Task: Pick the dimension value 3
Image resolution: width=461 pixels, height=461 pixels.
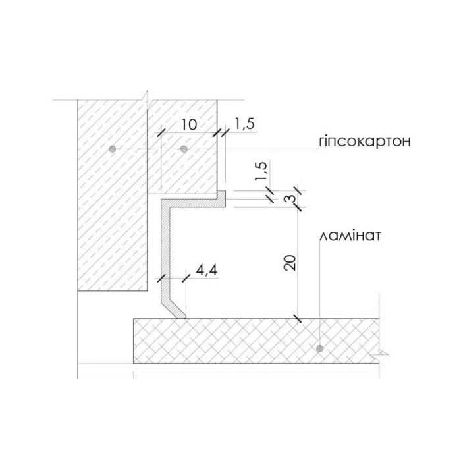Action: click(x=287, y=199)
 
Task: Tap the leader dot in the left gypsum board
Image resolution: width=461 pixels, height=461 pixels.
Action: click(x=113, y=149)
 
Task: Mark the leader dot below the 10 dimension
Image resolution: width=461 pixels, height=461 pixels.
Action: click(x=184, y=149)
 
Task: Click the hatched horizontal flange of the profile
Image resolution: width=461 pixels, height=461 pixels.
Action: click(x=198, y=201)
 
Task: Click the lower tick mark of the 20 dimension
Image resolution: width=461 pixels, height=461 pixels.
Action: click(x=298, y=319)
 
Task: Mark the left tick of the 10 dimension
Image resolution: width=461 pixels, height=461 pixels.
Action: click(x=159, y=132)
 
